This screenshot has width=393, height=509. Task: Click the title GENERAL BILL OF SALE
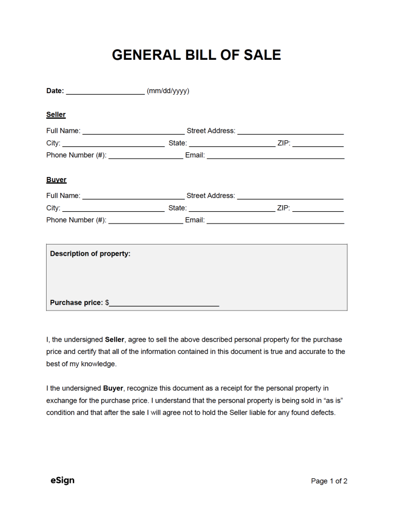[196, 55]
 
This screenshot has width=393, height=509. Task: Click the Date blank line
[105, 92]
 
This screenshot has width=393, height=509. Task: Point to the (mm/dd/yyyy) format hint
[168, 91]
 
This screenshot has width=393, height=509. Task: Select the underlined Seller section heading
[56, 115]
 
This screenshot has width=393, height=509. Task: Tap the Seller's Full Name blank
[133, 131]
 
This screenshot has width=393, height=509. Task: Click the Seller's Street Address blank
[290, 131]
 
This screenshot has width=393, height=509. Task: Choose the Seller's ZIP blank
[318, 144]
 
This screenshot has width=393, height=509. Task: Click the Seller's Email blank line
[275, 156]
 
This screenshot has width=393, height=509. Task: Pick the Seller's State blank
[232, 144]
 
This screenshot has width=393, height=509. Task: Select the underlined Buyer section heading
[56, 180]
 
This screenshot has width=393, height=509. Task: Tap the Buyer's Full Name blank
[133, 196]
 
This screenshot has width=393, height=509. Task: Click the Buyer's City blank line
[113, 209]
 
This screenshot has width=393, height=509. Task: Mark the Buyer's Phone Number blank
[145, 220]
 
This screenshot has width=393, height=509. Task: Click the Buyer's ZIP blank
[318, 209]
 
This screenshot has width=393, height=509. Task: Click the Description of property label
[90, 254]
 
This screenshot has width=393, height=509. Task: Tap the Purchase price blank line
[164, 303]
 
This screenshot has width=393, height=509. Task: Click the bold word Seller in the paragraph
[115, 339]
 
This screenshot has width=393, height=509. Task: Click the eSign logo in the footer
[62, 480]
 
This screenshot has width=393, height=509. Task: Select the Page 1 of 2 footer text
[329, 481]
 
